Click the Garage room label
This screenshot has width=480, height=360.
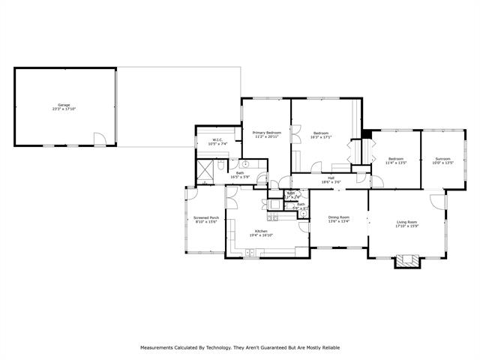click(x=64, y=104)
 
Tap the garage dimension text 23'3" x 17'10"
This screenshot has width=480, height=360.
click(x=64, y=109)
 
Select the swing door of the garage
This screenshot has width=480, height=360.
click(x=99, y=138)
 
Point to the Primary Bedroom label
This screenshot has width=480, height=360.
click(x=267, y=132)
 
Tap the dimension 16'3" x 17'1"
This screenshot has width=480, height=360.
click(x=321, y=136)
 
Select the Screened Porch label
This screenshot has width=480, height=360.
click(x=206, y=217)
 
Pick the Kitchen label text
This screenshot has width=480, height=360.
click(x=261, y=230)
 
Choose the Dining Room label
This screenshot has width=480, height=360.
click(x=339, y=217)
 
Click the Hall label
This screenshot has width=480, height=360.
click(x=331, y=178)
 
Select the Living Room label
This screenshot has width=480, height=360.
click(x=407, y=222)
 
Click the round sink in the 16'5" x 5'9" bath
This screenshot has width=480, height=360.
click(x=244, y=164)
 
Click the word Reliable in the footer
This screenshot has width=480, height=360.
click(x=329, y=347)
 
